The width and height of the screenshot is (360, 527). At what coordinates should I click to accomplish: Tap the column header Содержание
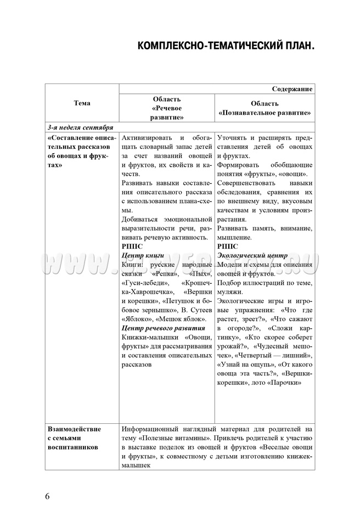coord(292,88)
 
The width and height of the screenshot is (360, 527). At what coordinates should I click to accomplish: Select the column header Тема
coord(82,103)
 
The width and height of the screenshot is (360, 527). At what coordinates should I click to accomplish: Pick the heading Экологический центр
coord(252,255)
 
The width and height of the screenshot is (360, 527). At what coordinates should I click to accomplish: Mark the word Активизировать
coord(146,138)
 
